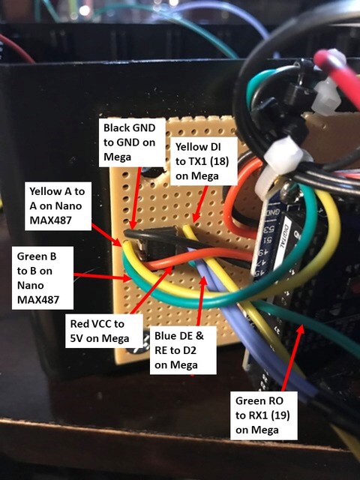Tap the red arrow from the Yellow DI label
coord(201,203)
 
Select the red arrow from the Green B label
coord(103,277)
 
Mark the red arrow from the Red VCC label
coord(151,290)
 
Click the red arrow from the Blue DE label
coord(201,301)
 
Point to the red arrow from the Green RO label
coord(293,358)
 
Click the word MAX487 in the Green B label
coord(38,299)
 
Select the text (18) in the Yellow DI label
coord(217,161)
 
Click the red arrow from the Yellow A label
coord(107,235)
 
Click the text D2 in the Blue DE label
coord(190,350)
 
